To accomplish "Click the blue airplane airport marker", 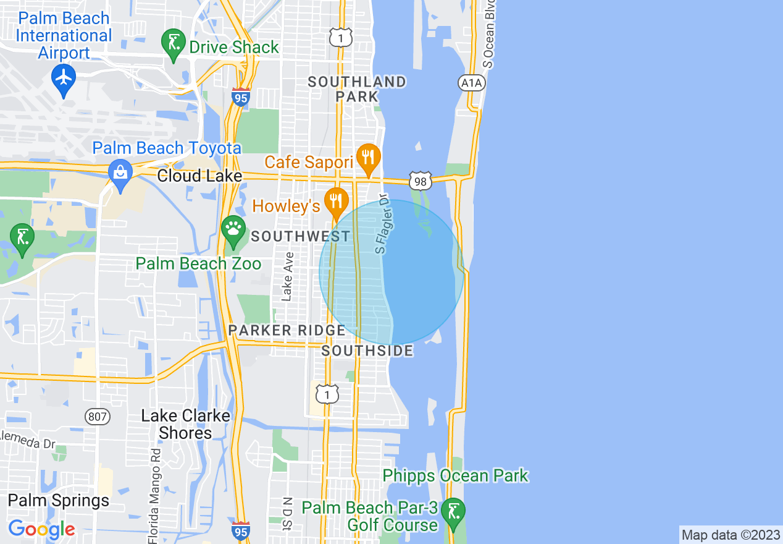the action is tap(64, 77).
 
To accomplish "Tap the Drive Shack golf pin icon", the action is tap(174, 44).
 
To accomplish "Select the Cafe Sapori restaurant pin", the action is tap(368, 157).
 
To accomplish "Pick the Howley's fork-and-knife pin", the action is tap(336, 202).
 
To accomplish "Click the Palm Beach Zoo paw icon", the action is tap(233, 229).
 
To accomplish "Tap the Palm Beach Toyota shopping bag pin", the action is tap(120, 172).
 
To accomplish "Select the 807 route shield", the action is tap(97, 416).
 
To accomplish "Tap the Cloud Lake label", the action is tap(199, 176).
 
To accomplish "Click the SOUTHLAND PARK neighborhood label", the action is tap(357, 89).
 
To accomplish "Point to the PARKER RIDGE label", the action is tap(287, 330).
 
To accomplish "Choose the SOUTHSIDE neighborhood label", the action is tap(367, 351).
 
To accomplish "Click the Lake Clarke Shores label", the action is tap(185, 424).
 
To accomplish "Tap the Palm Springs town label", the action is tap(59, 500).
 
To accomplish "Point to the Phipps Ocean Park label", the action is tap(455, 475).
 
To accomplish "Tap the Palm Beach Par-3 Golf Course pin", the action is tap(454, 512).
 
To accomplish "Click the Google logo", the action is tap(41, 529).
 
